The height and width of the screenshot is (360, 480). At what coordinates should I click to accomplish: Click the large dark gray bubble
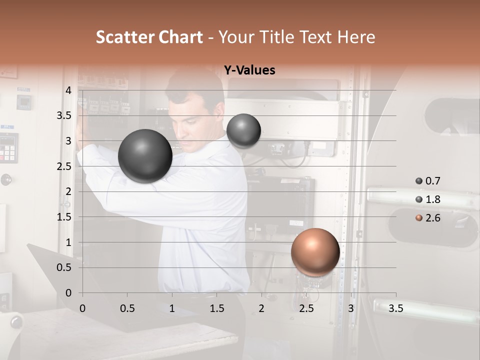tap(145, 156)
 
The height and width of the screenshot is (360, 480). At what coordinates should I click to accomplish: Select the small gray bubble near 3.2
tap(243, 130)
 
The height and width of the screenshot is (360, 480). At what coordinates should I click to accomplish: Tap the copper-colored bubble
tap(315, 252)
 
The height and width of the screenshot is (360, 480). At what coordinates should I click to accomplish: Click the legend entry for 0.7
tap(428, 181)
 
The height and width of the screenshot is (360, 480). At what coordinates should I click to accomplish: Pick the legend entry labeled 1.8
tap(428, 199)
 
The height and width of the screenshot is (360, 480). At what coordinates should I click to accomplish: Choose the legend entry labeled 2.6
tap(428, 218)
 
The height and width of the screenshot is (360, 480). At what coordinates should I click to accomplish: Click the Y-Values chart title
tap(249, 70)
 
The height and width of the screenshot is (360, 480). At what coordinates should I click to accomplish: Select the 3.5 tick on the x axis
tap(395, 308)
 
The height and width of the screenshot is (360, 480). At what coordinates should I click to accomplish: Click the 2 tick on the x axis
tap(261, 308)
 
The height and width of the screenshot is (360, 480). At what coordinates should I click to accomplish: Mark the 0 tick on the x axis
tap(82, 308)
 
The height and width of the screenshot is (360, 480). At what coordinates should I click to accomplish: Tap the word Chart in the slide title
tap(180, 37)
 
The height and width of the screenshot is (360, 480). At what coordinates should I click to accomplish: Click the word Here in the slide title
tap(355, 37)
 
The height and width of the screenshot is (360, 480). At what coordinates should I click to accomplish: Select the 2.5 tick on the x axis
tap(306, 308)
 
